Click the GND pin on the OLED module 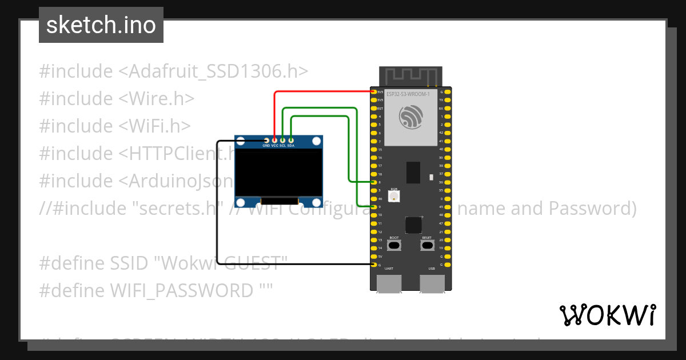[x=266, y=140]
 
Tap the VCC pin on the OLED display [x=275, y=140]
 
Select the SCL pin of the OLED [x=283, y=140]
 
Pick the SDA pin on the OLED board [x=291, y=140]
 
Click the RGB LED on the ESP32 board [x=394, y=197]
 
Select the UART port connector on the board [x=389, y=283]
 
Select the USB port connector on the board [x=432, y=283]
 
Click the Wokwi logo [x=607, y=315]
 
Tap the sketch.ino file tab [x=101, y=25]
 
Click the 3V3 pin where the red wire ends [x=373, y=91]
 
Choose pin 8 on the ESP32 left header [x=373, y=182]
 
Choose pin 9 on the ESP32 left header [x=373, y=207]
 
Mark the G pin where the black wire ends [x=373, y=265]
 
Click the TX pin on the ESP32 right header [x=448, y=100]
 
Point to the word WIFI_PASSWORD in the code [x=181, y=291]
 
